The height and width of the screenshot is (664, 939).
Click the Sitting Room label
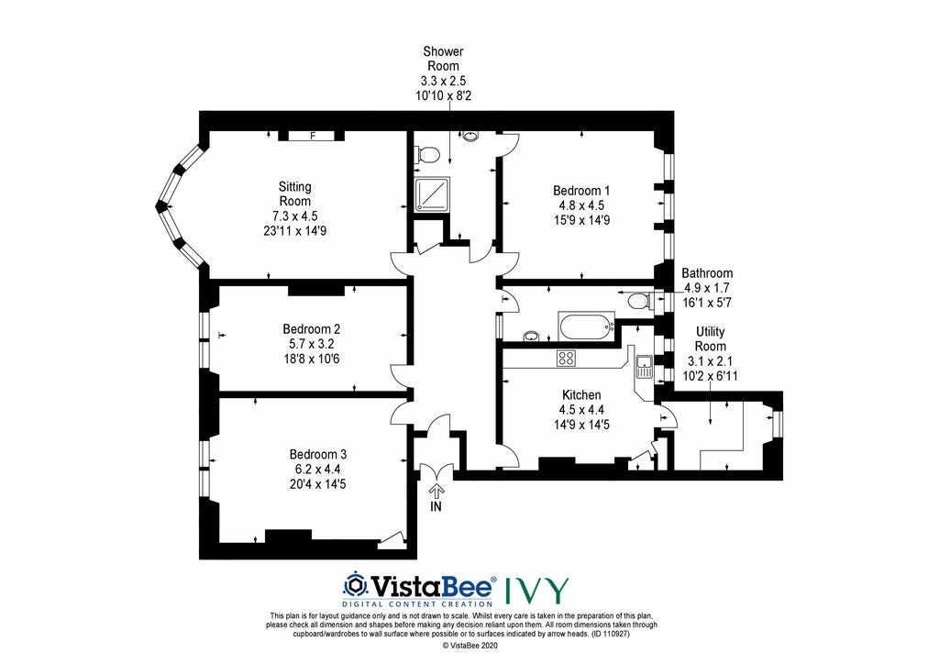(x=294, y=194)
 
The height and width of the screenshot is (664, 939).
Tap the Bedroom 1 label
(x=580, y=191)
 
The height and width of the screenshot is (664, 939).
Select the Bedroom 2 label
(x=312, y=328)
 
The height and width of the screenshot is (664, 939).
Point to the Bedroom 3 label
(x=317, y=454)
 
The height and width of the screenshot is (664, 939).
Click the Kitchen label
(x=581, y=394)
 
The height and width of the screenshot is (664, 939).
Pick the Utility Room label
(x=711, y=339)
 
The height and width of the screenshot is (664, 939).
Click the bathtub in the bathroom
(x=586, y=326)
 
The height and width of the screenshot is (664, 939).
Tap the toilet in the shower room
(x=427, y=154)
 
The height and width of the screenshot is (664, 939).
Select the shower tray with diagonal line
(x=432, y=194)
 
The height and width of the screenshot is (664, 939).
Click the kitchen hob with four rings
(x=566, y=358)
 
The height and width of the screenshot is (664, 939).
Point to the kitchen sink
(x=644, y=367)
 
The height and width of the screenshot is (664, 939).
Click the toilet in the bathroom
(x=639, y=300)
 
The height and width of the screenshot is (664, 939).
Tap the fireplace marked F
(x=312, y=136)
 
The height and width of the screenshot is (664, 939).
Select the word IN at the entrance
(x=436, y=506)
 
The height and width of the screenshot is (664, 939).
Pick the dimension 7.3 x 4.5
(x=294, y=216)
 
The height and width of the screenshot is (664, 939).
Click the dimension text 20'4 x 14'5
(x=317, y=483)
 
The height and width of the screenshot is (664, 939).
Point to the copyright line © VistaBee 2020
(x=469, y=646)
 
